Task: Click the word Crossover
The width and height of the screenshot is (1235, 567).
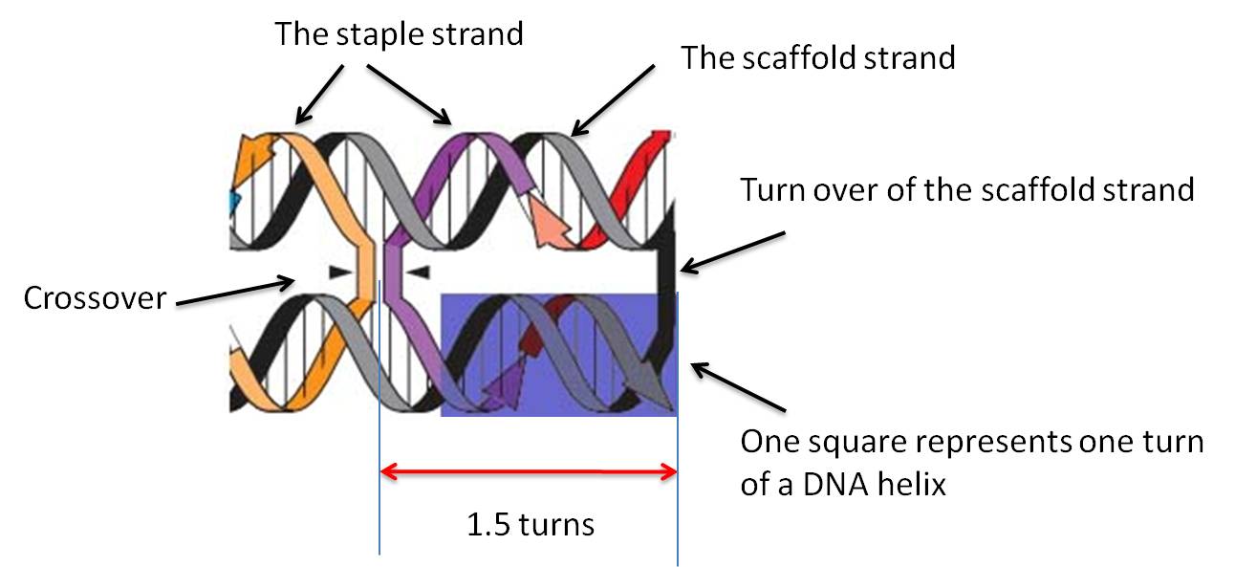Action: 95,298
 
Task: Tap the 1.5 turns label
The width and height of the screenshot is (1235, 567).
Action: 530,525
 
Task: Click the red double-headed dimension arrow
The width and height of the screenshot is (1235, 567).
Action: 529,470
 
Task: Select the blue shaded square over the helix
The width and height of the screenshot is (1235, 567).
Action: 558,354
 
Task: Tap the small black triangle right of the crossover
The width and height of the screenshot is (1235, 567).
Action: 417,273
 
